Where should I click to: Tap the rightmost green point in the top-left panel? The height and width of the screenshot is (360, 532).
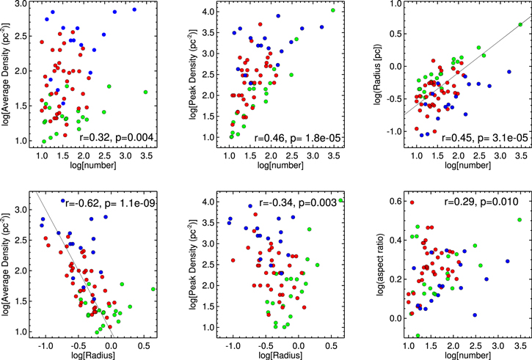(145, 92)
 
